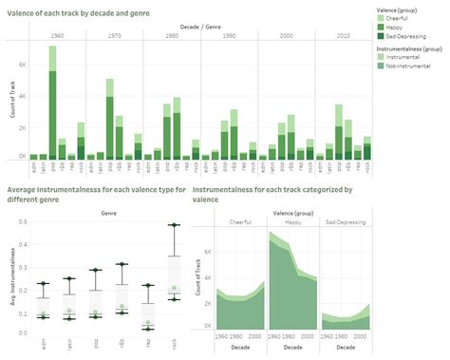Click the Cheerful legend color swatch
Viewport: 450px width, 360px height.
tap(381, 18)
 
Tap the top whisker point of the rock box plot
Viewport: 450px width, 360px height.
tap(173, 225)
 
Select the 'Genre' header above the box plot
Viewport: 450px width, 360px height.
tap(107, 215)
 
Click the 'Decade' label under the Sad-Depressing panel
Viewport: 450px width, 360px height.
tap(346, 347)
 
